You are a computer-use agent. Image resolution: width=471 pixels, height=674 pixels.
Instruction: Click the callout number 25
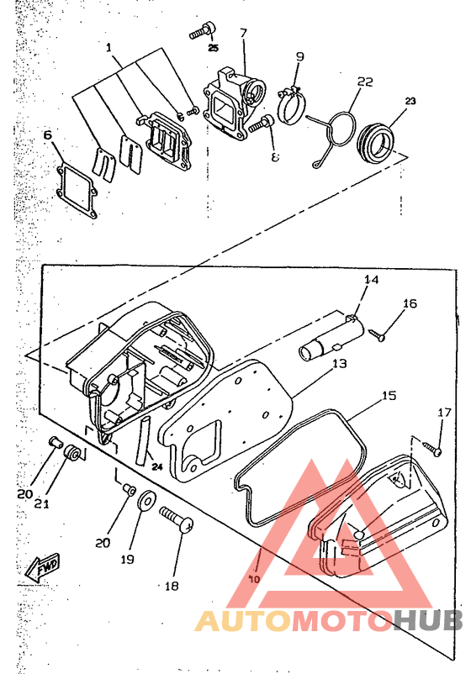(x=214, y=48)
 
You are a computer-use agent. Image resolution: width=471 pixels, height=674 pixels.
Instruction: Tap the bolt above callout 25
(x=202, y=31)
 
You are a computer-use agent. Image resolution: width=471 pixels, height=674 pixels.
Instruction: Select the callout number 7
(x=243, y=33)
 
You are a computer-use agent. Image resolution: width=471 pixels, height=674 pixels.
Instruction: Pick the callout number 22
(x=365, y=82)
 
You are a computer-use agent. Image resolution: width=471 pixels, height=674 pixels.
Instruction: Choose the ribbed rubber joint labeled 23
(x=375, y=143)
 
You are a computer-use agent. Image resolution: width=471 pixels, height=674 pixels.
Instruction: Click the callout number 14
(x=372, y=280)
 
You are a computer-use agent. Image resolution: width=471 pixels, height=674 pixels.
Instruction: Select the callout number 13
(x=340, y=364)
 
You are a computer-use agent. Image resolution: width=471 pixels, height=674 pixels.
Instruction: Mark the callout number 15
(x=389, y=396)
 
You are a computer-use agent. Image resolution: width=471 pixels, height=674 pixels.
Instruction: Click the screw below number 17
(x=431, y=448)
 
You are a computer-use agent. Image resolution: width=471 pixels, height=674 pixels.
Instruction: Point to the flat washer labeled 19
(x=146, y=499)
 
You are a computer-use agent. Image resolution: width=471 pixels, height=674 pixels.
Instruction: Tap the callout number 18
(x=172, y=586)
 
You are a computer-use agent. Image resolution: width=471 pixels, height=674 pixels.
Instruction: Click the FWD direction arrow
(x=42, y=567)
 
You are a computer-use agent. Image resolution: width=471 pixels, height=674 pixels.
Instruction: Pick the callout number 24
(x=157, y=466)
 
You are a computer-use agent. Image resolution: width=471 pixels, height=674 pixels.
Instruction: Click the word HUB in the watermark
(x=427, y=621)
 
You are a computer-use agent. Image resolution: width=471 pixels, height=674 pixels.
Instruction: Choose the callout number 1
(x=108, y=47)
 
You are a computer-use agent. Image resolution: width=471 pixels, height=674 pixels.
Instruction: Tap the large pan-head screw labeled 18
(x=177, y=519)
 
